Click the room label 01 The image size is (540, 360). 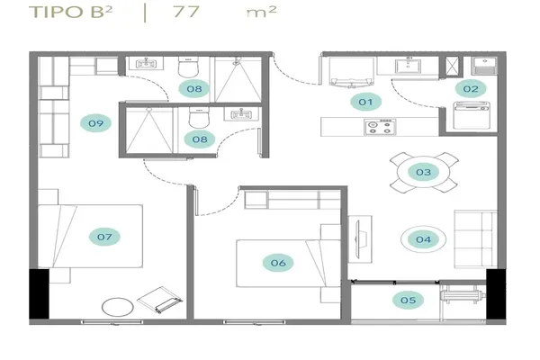(365, 102)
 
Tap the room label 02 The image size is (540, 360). (471, 89)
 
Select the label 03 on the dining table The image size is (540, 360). (423, 172)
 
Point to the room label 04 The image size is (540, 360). (423, 239)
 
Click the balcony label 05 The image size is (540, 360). (408, 301)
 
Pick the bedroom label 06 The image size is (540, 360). (278, 263)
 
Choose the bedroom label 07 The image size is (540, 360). (104, 237)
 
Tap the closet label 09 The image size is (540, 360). (95, 123)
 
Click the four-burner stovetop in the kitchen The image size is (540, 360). (380, 127)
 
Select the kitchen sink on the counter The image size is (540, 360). (408, 66)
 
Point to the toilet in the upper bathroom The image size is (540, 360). (188, 67)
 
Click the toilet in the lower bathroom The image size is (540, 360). (199, 118)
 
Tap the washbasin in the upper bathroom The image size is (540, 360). (147, 63)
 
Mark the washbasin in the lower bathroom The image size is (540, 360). (240, 113)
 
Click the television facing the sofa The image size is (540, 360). (358, 239)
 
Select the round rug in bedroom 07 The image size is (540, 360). (118, 307)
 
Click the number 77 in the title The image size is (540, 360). (186, 12)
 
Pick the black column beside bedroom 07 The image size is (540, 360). (39, 294)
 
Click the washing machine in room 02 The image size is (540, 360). (472, 115)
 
